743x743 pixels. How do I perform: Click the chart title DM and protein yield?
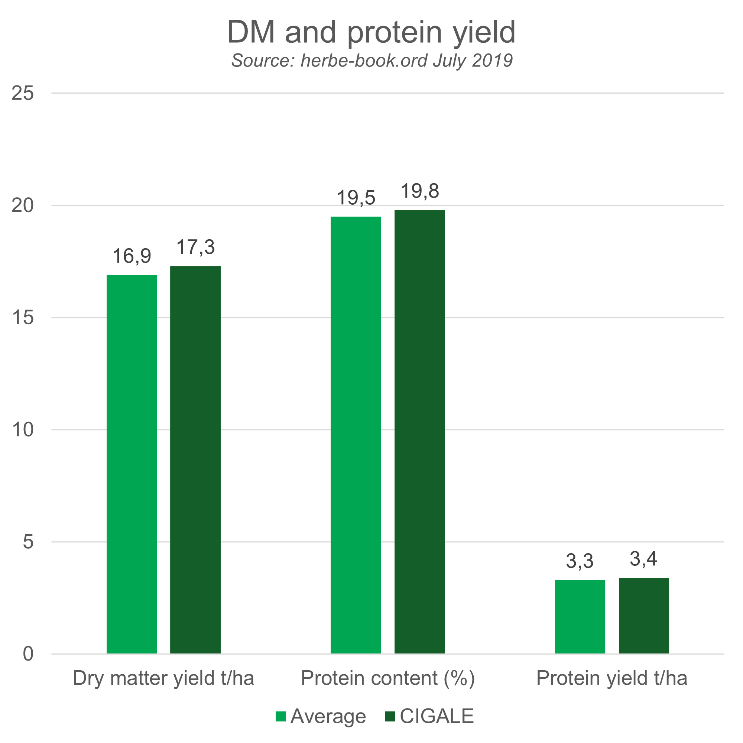click(x=371, y=32)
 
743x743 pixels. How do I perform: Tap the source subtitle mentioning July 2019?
click(x=371, y=61)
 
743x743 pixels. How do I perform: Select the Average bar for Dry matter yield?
click(x=132, y=464)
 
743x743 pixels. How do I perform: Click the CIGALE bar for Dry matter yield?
click(x=195, y=460)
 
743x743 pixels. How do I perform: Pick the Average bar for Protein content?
click(x=356, y=435)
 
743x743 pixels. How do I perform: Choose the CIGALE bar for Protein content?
click(x=419, y=431)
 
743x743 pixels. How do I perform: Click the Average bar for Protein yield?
click(x=580, y=616)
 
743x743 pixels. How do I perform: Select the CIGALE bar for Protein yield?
click(x=644, y=615)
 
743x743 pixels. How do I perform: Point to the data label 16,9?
click(x=132, y=256)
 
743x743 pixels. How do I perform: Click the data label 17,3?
click(x=195, y=247)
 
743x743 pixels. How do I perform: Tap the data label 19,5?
click(x=356, y=198)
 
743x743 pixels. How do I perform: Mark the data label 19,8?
click(x=419, y=191)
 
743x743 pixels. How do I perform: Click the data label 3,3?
click(x=580, y=561)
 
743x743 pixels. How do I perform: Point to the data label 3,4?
click(x=643, y=559)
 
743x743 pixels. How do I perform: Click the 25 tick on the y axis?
click(x=23, y=93)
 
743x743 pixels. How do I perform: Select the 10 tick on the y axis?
click(x=23, y=429)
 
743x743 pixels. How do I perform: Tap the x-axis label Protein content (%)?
click(x=387, y=678)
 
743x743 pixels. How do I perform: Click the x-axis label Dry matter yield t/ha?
click(x=163, y=678)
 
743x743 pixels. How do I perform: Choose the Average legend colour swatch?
click(x=281, y=717)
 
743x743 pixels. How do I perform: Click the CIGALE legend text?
click(x=437, y=716)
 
